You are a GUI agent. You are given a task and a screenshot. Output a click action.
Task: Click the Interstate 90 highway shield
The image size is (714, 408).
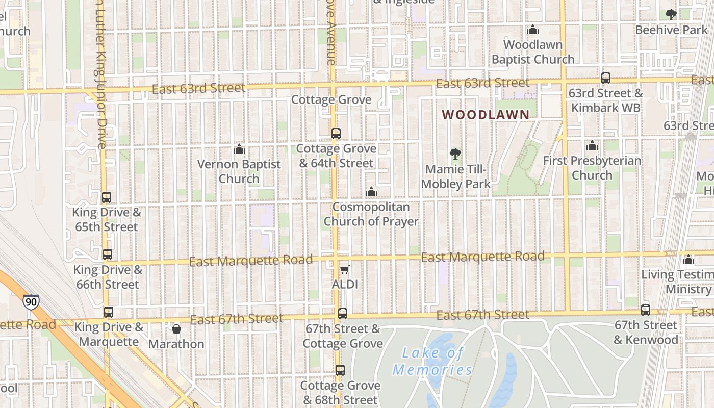(31, 302)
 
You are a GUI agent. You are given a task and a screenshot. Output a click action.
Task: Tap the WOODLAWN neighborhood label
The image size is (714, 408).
(486, 115)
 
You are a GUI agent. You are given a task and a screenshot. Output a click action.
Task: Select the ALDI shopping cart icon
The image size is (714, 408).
(345, 269)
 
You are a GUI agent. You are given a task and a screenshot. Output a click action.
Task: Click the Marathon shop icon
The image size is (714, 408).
(176, 329)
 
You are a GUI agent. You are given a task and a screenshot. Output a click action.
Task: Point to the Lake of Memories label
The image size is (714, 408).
(433, 361)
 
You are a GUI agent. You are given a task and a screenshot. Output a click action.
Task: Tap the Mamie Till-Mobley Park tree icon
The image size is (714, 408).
(455, 154)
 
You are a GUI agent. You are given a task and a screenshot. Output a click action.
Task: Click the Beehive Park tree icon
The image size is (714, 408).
(671, 15)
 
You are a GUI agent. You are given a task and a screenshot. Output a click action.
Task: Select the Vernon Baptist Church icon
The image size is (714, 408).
(239, 149)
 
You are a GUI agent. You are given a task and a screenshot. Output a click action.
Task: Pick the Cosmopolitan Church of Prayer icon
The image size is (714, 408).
(371, 192)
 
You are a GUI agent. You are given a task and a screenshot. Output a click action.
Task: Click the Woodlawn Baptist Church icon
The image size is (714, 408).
(533, 30)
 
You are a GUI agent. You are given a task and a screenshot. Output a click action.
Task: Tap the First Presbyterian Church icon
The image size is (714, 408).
(592, 145)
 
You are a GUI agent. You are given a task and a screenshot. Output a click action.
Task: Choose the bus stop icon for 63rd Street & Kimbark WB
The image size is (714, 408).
(606, 78)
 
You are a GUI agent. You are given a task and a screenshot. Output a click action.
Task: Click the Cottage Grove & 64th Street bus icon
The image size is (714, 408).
(336, 134)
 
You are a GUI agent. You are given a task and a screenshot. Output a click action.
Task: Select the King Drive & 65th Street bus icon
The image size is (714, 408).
(107, 197)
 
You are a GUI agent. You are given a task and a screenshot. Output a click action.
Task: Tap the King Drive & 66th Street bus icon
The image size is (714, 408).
(107, 254)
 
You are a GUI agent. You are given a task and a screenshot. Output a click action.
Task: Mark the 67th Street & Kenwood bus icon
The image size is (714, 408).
(646, 310)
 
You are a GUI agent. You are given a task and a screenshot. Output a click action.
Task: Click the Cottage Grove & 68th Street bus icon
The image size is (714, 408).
(340, 370)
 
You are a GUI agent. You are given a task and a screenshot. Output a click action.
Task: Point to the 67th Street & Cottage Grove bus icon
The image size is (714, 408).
(343, 313)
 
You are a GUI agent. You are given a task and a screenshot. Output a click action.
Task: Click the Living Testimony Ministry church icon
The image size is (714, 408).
(688, 260)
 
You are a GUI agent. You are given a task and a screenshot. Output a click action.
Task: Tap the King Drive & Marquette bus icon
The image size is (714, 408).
(108, 312)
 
